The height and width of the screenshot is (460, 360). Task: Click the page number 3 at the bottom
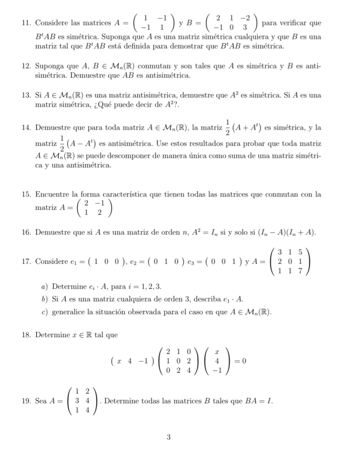point(168,437)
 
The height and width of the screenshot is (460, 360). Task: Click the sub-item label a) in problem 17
point(45,286)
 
